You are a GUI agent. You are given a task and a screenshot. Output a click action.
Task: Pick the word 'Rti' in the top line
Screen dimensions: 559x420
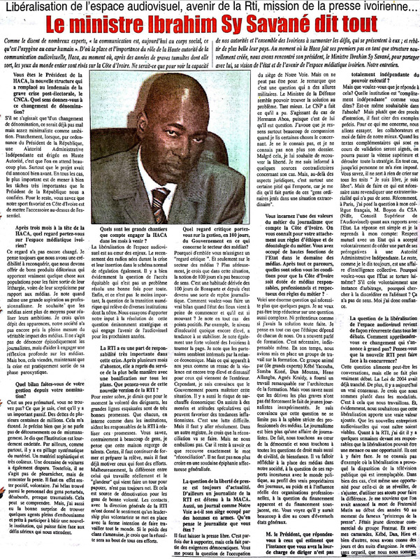pos(260,8)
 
